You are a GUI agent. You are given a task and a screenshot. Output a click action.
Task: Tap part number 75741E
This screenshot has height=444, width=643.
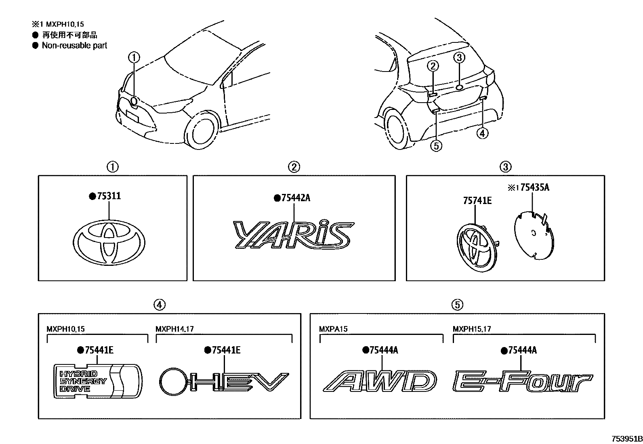(477, 200)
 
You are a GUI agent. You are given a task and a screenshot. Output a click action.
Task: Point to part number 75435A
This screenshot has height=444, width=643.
(534, 187)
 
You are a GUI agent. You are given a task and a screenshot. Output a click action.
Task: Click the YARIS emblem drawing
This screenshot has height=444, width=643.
(294, 234)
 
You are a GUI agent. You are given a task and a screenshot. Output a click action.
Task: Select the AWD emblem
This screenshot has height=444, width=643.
(380, 381)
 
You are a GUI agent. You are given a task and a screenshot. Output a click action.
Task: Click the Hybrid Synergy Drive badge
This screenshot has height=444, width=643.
(98, 381)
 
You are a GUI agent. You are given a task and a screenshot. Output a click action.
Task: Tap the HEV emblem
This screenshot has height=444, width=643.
(224, 381)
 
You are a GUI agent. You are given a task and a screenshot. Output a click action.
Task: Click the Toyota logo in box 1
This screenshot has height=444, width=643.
(109, 243)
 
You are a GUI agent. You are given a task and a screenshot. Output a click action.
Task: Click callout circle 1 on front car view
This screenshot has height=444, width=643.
(134, 58)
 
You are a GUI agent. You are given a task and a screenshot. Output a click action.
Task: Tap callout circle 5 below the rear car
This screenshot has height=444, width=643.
(436, 146)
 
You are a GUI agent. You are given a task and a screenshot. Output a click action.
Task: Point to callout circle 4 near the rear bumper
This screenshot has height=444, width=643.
(482, 133)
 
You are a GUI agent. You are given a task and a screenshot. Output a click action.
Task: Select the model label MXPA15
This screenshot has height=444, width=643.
(333, 329)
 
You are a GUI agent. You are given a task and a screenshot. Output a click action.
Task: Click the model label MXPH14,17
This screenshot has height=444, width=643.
(174, 329)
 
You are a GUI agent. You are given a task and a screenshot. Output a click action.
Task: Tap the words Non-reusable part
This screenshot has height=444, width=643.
(74, 46)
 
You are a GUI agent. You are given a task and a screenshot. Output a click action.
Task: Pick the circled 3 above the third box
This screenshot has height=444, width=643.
(506, 166)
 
